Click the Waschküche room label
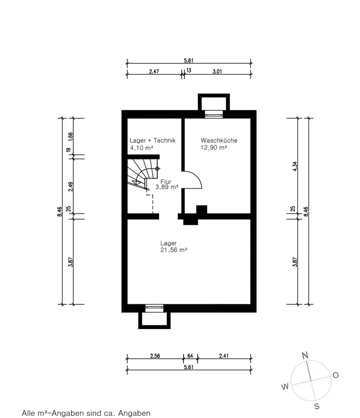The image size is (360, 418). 219,140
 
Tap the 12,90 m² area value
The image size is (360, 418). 214,148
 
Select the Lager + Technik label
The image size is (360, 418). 153,140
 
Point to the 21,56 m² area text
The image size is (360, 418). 174,250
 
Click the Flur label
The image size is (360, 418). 166,182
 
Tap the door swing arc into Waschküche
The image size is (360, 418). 198,176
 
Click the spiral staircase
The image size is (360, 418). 143,174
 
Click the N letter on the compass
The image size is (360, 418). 305,355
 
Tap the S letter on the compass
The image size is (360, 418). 317,406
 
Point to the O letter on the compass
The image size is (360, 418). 336,375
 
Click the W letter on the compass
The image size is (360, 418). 285,387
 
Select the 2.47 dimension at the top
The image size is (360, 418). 154,71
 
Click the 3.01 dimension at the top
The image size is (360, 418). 217,71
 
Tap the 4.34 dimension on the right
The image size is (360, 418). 295,166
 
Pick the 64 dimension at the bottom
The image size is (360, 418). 190,356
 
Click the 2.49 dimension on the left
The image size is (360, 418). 70,186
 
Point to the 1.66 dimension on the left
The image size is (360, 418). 70,136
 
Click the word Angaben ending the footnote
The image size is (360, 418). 134,413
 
